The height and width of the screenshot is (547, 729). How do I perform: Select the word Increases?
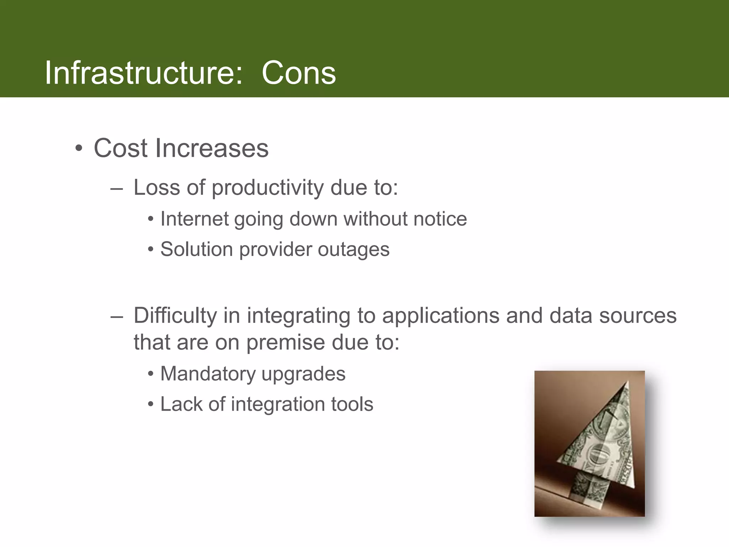211,148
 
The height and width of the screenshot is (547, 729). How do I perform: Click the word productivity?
268,188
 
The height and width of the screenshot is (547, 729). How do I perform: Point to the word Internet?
194,219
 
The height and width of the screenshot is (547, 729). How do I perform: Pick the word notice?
440,219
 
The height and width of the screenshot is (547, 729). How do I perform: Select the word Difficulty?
175,316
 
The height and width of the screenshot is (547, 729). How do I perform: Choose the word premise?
285,343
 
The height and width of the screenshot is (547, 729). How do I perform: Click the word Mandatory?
208,374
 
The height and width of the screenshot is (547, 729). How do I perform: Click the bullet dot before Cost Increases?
79,148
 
